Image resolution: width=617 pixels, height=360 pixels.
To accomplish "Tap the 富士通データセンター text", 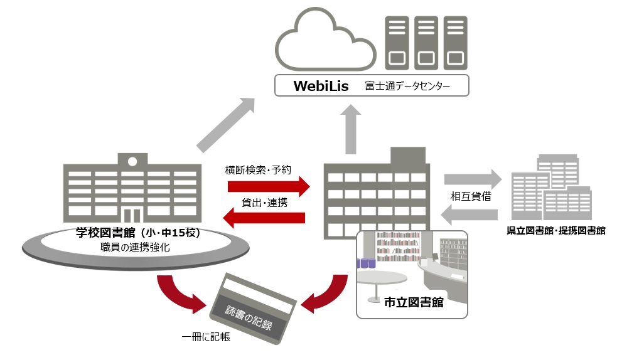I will click(x=407, y=86).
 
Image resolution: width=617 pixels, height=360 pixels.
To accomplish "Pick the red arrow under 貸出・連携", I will click(x=264, y=218).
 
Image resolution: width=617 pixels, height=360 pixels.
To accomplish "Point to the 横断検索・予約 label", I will click(x=258, y=169).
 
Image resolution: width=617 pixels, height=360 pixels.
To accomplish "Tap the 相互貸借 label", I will click(x=471, y=196).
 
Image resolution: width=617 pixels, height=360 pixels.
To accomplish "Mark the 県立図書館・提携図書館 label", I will click(x=555, y=231).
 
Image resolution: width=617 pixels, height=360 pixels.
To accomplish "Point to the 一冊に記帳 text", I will click(x=206, y=337).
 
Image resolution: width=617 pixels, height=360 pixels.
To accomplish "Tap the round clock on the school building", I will click(x=132, y=161).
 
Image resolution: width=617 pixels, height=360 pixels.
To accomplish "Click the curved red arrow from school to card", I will click(x=182, y=294).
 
